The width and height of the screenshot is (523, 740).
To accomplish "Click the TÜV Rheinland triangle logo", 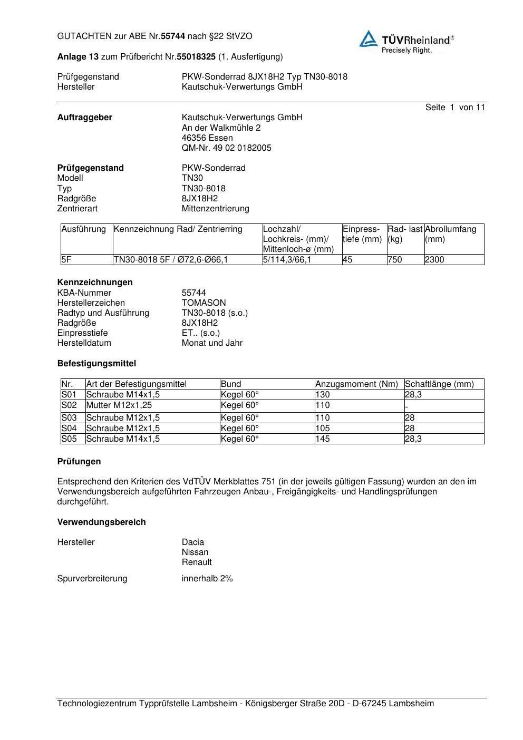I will [x=369, y=40].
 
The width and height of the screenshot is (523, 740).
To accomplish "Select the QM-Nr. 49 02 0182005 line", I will [x=227, y=148].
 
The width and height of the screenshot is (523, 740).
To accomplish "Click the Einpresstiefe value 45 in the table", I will [x=348, y=260].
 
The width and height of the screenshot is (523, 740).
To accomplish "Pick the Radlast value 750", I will [x=394, y=260].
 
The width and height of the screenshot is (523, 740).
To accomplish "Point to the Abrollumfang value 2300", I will [x=434, y=260].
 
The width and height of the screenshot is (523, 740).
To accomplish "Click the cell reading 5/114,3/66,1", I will [x=287, y=260].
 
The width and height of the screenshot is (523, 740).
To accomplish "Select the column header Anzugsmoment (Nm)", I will [x=356, y=384].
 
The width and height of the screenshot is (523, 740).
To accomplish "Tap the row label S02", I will [x=69, y=405].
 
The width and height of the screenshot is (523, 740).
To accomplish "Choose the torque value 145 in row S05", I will [x=323, y=439].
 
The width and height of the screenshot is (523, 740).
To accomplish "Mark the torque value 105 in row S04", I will [x=323, y=429].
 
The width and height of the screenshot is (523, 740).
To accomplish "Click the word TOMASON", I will [x=204, y=303].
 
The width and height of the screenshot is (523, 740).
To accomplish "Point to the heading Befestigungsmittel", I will [x=96, y=364].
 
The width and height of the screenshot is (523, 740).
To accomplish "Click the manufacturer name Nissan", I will [x=195, y=552].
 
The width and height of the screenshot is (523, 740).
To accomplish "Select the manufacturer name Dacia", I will [x=193, y=542].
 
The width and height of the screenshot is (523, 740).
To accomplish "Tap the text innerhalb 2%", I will [x=207, y=579].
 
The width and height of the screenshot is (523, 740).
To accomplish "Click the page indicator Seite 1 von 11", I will [x=455, y=108].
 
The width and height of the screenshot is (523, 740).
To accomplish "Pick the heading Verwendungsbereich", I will [x=101, y=522].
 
